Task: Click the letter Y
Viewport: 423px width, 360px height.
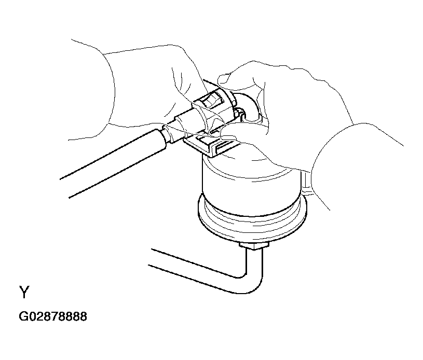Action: (x=24, y=292)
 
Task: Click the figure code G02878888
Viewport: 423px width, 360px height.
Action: (x=53, y=316)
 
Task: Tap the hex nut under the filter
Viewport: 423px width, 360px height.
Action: (x=254, y=246)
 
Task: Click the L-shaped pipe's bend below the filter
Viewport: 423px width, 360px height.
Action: (x=250, y=283)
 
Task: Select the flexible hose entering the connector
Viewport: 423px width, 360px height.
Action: (x=113, y=162)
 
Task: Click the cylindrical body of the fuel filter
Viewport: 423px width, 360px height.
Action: (x=251, y=189)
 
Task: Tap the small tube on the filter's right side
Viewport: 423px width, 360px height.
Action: (x=306, y=183)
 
